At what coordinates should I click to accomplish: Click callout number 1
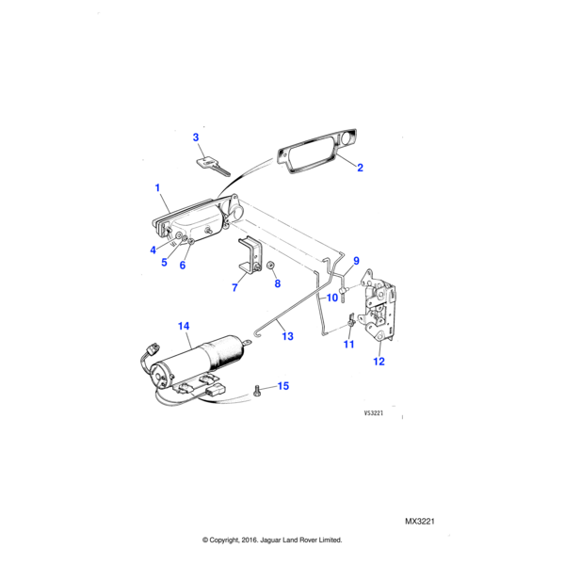point(159,188)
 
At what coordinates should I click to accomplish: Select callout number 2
point(359,168)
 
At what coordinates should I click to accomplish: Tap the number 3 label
point(196,137)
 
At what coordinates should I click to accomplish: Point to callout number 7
point(234,287)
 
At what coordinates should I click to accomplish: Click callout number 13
point(287,335)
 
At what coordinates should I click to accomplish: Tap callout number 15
point(282,387)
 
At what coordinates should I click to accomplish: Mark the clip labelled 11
point(350,323)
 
